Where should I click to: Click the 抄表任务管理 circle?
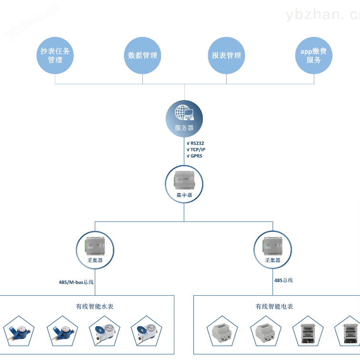click(x=55, y=55)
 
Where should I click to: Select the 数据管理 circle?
click(x=142, y=55)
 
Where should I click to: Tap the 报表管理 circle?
click(x=226, y=55)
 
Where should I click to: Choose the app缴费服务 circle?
click(x=314, y=55)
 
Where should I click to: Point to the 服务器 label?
click(x=184, y=128)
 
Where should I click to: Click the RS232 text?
click(x=197, y=143)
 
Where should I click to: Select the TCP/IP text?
click(x=198, y=150)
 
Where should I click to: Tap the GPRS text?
click(x=197, y=156)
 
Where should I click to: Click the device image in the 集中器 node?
click(x=184, y=180)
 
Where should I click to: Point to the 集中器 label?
click(x=184, y=195)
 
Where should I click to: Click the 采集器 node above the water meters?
click(x=95, y=250)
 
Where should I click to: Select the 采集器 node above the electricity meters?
click(x=273, y=250)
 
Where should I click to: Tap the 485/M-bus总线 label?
click(x=76, y=282)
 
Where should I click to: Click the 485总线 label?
click(x=283, y=280)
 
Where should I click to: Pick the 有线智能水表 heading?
click(x=95, y=307)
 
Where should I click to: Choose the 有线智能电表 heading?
click(x=274, y=307)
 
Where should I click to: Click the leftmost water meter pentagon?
click(x=19, y=331)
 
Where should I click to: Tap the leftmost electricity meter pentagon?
click(x=222, y=331)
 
